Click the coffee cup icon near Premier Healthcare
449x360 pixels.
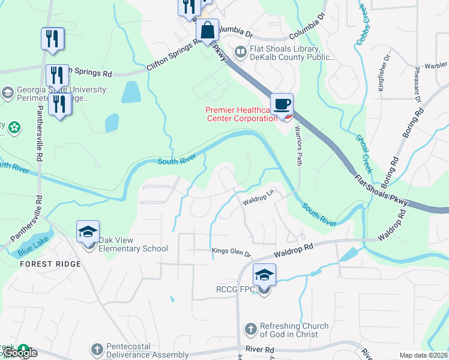[x=282, y=105]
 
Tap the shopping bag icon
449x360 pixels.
[x=207, y=30]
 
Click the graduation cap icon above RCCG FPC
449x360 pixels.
[x=264, y=275]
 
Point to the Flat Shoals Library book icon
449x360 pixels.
[x=240, y=53]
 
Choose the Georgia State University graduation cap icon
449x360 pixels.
[x=7, y=93]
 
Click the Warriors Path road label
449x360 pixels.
[x=298, y=148]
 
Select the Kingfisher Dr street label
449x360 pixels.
[x=384, y=73]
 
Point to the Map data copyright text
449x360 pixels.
[x=423, y=355]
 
